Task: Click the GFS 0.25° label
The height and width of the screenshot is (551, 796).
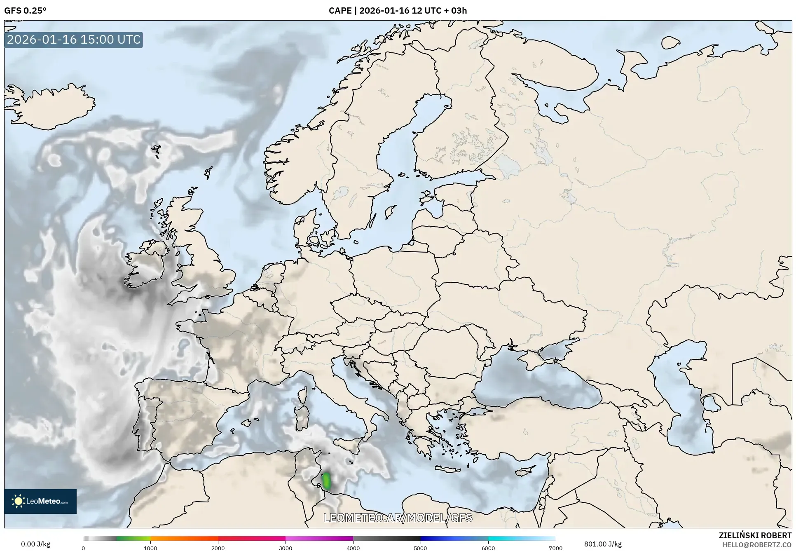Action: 25,11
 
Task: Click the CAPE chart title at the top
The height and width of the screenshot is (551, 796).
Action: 398,11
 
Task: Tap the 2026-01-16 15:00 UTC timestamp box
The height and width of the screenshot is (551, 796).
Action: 74,40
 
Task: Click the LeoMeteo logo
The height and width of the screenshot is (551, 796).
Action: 40,501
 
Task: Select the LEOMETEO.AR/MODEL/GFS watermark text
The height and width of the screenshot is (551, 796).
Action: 398,518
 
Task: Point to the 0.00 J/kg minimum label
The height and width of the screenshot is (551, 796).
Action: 35,544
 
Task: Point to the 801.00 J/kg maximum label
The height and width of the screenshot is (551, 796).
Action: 603,544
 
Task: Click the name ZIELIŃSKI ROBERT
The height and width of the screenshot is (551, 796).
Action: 755,535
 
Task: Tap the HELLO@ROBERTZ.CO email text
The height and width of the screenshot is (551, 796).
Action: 757,545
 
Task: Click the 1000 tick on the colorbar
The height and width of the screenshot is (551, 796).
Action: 150,548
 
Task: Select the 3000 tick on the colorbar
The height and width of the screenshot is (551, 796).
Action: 286,548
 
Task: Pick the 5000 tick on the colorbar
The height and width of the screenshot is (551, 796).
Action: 420,548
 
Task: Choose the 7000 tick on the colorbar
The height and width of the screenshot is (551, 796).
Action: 555,548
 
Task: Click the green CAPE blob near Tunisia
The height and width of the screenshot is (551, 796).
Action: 327,481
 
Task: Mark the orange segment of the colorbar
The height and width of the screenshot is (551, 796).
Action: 184,539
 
